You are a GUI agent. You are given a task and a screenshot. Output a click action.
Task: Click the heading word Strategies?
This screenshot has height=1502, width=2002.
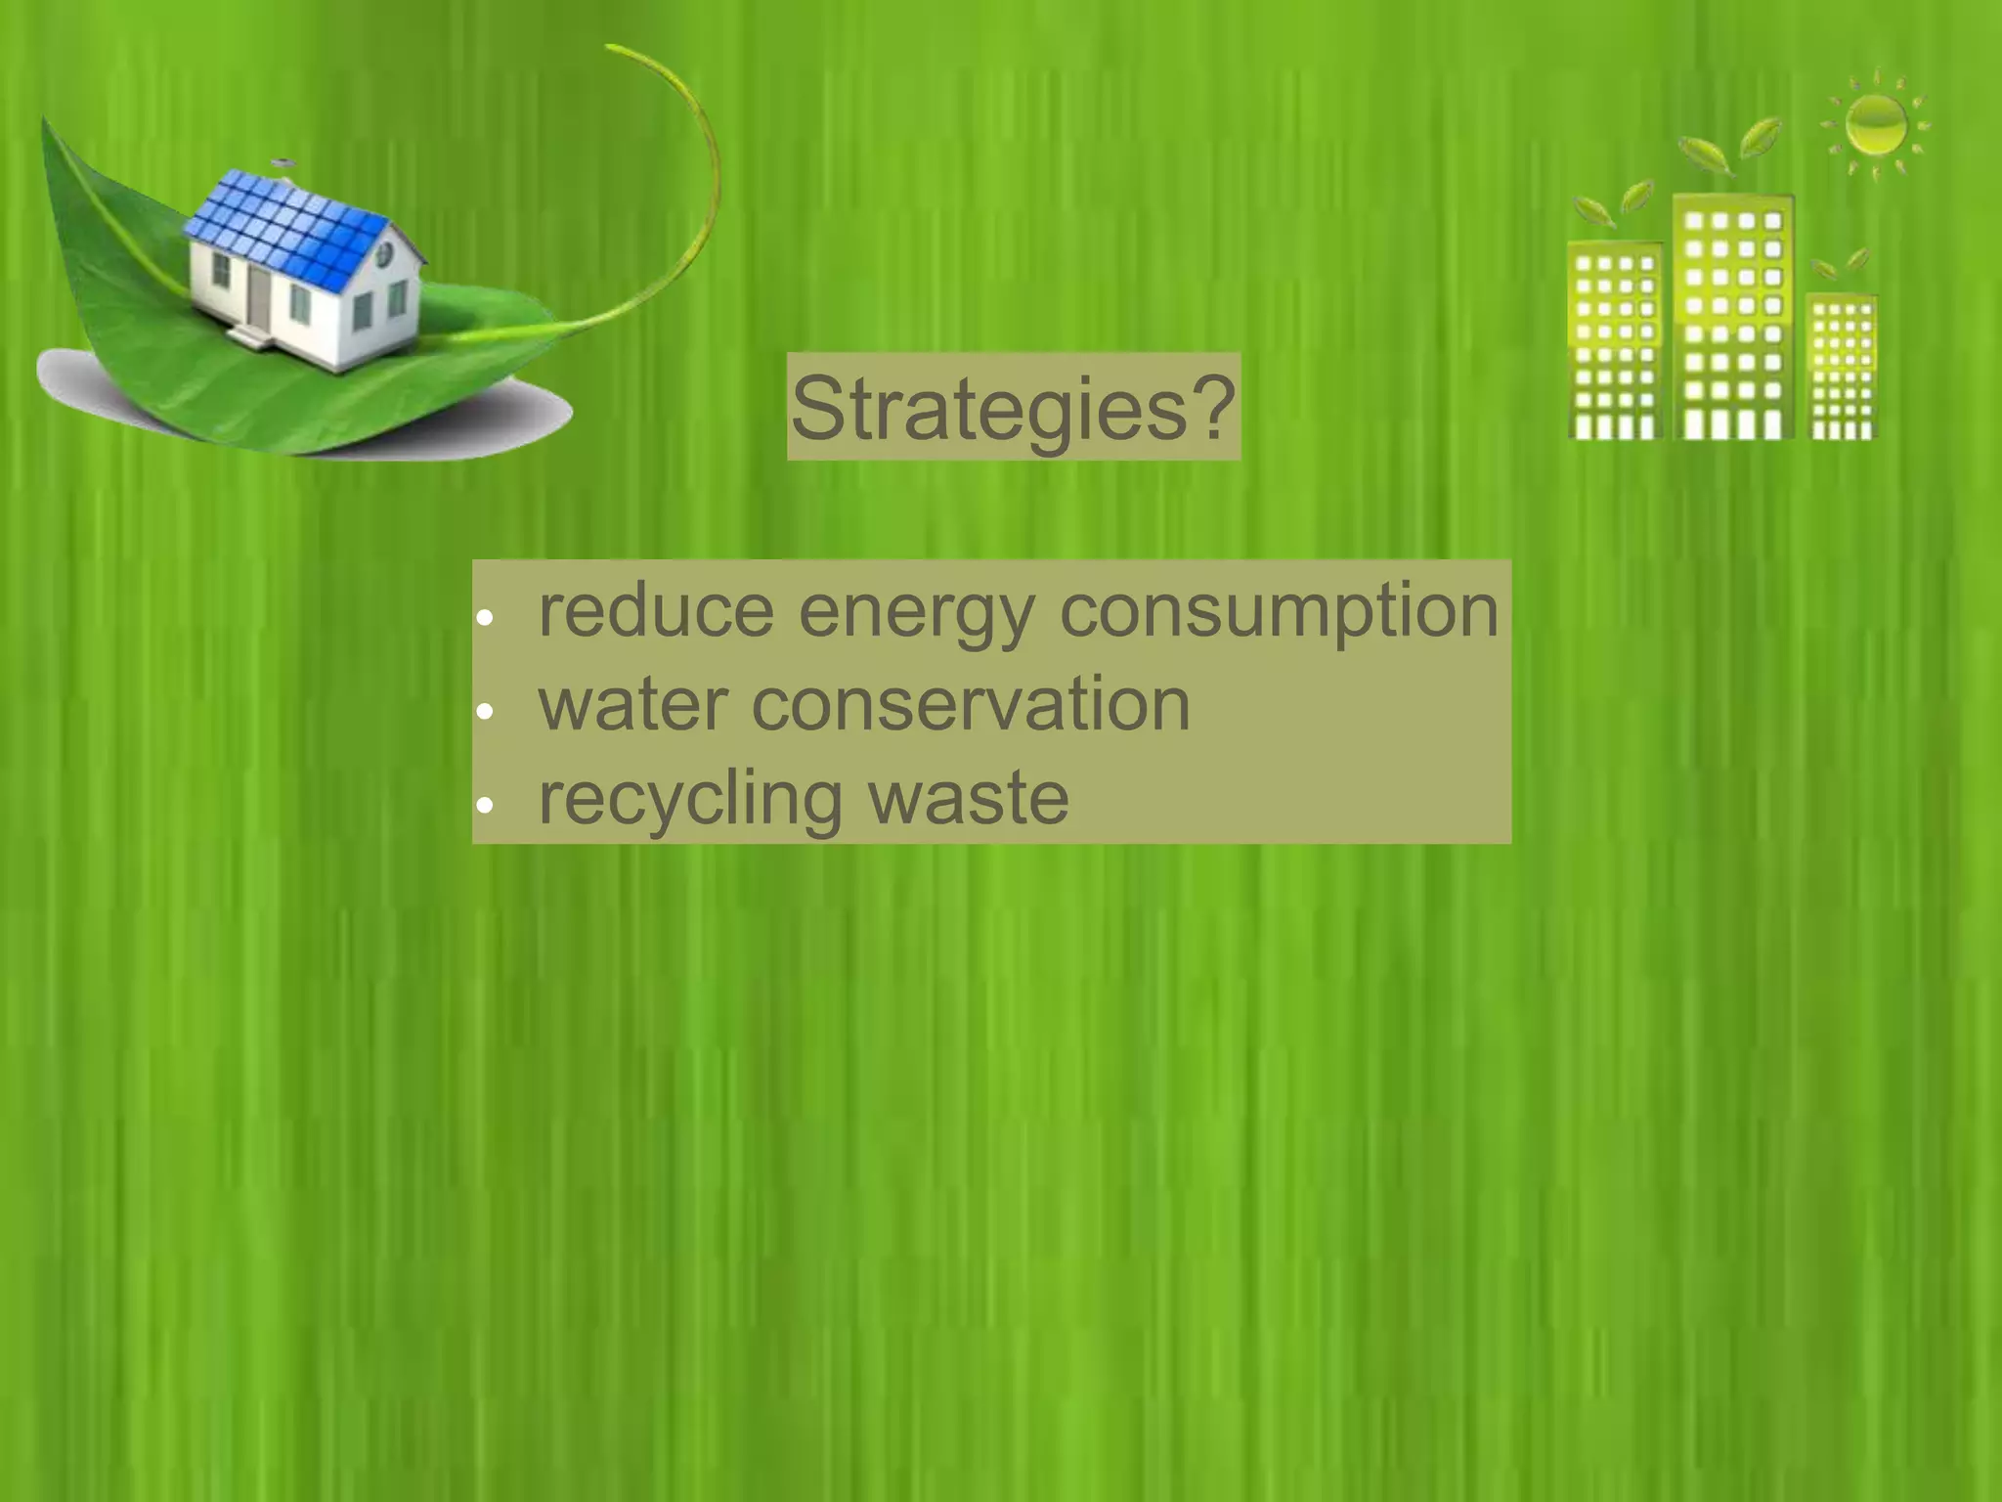point(1013,407)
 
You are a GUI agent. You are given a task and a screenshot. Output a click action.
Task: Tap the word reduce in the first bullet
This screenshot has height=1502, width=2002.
point(656,610)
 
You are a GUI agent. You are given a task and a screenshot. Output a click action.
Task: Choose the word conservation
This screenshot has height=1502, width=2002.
point(971,704)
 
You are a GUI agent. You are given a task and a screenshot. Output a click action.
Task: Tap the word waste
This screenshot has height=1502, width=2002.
point(969,798)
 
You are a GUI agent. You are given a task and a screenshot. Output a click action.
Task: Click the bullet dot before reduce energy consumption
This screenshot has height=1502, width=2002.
point(485,618)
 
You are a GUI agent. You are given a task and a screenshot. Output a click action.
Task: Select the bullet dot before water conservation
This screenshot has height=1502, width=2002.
point(485,712)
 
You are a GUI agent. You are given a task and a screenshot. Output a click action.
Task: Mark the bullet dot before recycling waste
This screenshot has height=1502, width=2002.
point(485,806)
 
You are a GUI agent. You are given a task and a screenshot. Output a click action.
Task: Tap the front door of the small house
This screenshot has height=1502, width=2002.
point(259,296)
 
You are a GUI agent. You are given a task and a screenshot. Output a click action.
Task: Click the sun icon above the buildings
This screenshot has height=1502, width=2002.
point(1876,125)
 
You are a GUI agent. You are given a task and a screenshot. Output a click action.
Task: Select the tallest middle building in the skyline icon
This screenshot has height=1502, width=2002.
point(1733,318)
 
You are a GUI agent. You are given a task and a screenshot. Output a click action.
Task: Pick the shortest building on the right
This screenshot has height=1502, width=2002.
point(1842,367)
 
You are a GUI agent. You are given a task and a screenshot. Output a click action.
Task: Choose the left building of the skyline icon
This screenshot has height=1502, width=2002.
point(1615,342)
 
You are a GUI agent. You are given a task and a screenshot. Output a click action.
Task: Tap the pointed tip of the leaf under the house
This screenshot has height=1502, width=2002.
point(43,121)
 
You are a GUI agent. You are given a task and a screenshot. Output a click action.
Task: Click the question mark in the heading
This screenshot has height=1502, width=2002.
point(1212,407)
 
